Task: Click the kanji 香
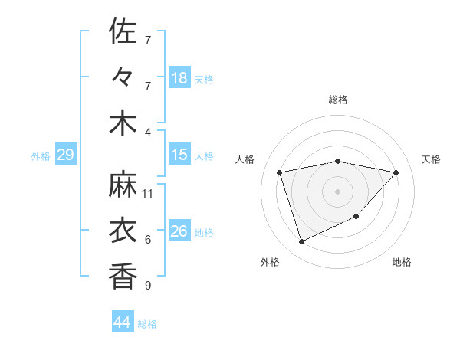tap(123, 275)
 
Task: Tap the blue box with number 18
tap(179, 77)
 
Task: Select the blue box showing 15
tap(179, 155)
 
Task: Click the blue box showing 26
tap(179, 231)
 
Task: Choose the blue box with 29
tap(65, 155)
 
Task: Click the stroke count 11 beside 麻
tap(148, 193)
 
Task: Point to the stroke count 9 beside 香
tap(148, 286)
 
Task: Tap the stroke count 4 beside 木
tap(148, 132)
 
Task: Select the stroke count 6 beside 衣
tap(148, 240)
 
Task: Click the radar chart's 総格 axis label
tap(338, 100)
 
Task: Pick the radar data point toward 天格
tap(396, 172)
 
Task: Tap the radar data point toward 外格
tap(301, 242)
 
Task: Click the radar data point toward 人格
tap(280, 172)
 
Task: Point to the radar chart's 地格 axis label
tap(402, 262)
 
